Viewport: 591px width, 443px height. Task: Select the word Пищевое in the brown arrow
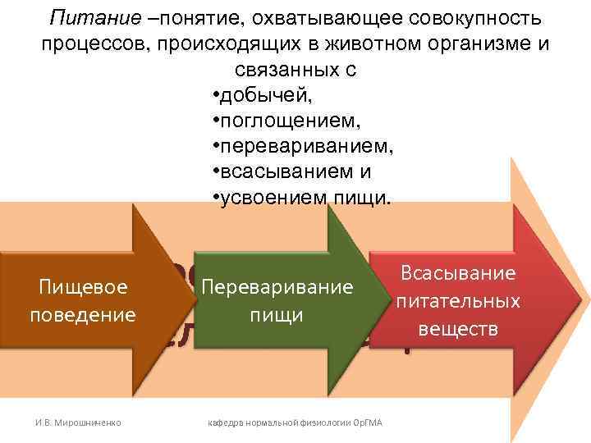pyautogui.click(x=82, y=288)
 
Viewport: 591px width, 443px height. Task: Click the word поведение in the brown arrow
pyautogui.click(x=82, y=313)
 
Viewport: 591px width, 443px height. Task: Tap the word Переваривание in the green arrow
pyautogui.click(x=277, y=288)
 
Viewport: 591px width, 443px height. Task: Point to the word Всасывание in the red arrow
pyautogui.click(x=457, y=273)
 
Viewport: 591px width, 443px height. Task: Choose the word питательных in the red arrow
pyautogui.click(x=457, y=301)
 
